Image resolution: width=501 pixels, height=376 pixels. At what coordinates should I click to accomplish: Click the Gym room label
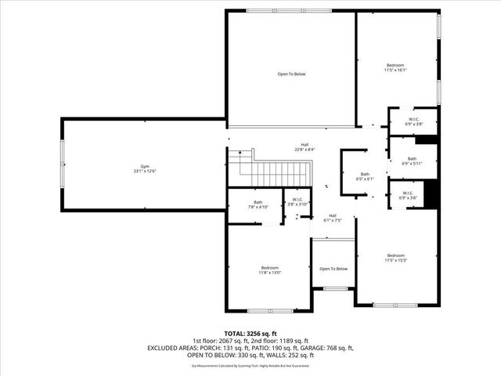144,168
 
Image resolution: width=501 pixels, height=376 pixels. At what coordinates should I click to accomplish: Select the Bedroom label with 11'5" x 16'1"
395,67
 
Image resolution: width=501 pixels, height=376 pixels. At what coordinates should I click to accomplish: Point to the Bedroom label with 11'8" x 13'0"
269,269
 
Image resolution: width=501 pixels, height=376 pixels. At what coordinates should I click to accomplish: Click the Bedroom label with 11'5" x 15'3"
395,258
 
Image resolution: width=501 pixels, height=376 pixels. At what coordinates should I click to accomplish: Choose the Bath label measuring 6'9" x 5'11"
412,161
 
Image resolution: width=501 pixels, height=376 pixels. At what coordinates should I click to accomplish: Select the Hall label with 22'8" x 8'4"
305,146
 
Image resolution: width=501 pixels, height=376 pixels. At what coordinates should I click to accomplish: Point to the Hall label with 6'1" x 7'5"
332,218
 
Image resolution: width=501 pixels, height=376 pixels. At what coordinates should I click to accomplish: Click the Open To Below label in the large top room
291,74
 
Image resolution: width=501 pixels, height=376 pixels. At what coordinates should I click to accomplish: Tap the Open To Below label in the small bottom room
333,269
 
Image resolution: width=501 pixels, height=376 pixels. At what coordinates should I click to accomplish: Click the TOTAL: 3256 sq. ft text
250,333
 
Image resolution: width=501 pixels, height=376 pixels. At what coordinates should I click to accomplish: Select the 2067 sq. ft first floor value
227,340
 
